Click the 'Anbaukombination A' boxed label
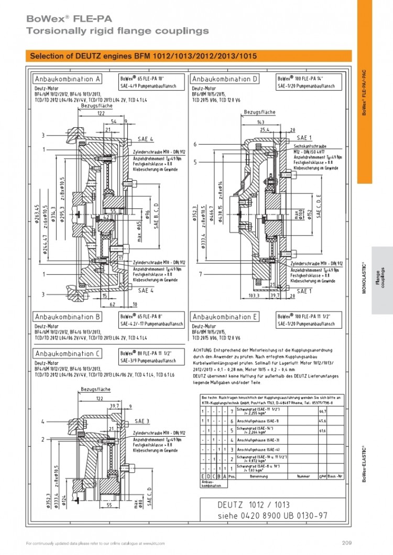(x=68, y=79)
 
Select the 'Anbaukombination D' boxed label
(x=226, y=79)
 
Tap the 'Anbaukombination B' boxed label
(x=68, y=317)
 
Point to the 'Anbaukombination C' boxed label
(x=68, y=354)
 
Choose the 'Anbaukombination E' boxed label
(x=226, y=317)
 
